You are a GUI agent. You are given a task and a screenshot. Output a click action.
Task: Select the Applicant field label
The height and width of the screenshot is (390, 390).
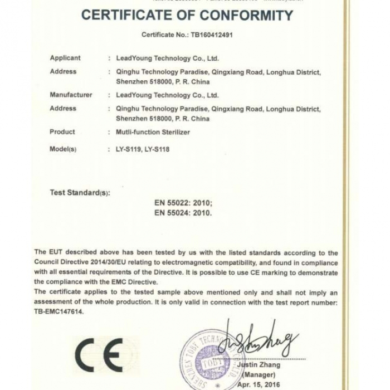pyautogui.click(x=65, y=58)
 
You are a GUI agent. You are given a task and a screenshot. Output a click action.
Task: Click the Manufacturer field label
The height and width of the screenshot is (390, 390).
pyautogui.click(x=71, y=95)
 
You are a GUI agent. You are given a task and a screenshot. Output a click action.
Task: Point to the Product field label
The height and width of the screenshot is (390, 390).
pyautogui.click(x=62, y=132)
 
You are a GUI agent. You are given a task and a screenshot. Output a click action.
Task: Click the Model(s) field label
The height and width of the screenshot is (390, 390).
pyautogui.click(x=63, y=149)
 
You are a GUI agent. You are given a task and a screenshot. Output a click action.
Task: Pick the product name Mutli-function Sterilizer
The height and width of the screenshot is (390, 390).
pyautogui.click(x=152, y=132)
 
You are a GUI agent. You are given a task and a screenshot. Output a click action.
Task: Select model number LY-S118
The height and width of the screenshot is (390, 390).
pyautogui.click(x=156, y=149)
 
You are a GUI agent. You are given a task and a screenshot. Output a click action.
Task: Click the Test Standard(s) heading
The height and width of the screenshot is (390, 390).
pyautogui.click(x=80, y=193)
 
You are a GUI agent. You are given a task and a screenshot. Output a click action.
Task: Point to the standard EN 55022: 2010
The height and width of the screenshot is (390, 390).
pyautogui.click(x=183, y=203)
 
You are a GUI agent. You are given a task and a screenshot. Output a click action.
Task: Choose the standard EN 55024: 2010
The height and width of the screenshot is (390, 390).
pyautogui.click(x=183, y=212)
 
